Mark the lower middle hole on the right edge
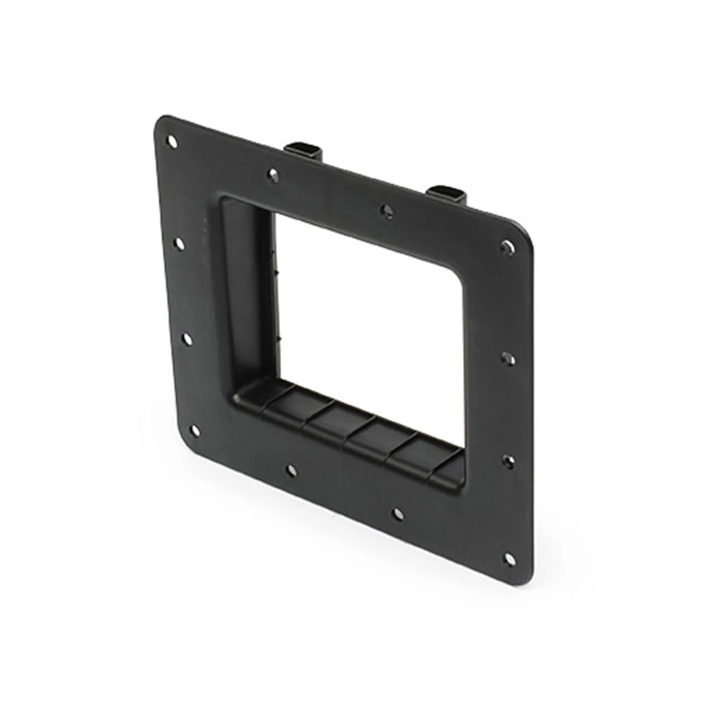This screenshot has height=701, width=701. [509, 461]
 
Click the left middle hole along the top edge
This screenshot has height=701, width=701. [273, 174]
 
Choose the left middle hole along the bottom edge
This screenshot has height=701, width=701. [291, 469]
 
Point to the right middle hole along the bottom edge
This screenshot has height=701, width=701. [398, 513]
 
